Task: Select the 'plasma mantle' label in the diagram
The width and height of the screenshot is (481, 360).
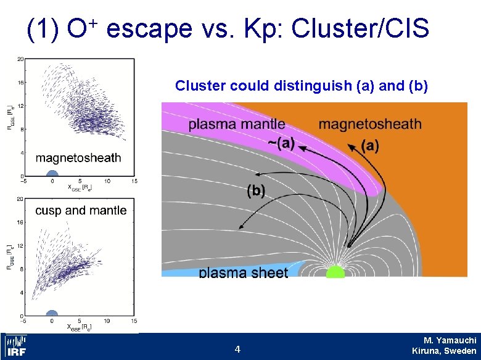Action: [237, 124]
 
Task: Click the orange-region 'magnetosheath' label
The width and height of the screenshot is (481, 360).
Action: [370, 124]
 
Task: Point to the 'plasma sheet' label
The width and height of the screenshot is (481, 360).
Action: [243, 272]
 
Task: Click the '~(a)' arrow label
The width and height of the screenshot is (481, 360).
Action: [281, 144]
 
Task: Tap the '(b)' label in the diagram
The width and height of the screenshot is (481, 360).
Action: [256, 191]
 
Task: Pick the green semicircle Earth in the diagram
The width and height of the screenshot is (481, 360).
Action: [335, 272]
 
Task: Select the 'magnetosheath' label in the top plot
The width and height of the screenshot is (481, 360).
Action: [78, 158]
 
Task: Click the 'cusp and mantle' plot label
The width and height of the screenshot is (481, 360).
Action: [81, 210]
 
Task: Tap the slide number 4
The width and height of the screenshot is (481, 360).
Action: [237, 350]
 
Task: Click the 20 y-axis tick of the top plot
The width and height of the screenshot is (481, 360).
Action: [20, 59]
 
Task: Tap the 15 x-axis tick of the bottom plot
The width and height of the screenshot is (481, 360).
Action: [134, 321]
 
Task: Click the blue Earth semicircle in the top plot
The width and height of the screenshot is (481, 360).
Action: [52, 173]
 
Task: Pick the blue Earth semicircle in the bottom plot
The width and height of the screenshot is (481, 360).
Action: [52, 313]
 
